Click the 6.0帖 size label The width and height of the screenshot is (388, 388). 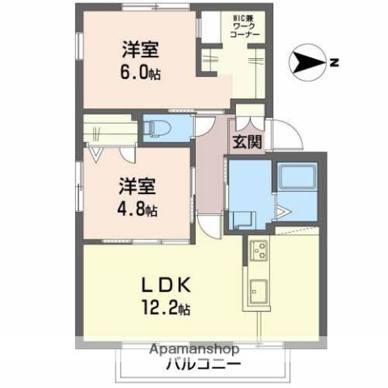tap(140, 71)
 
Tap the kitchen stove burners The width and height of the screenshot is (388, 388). tap(260, 254)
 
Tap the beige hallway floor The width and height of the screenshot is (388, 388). tap(212, 178)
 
